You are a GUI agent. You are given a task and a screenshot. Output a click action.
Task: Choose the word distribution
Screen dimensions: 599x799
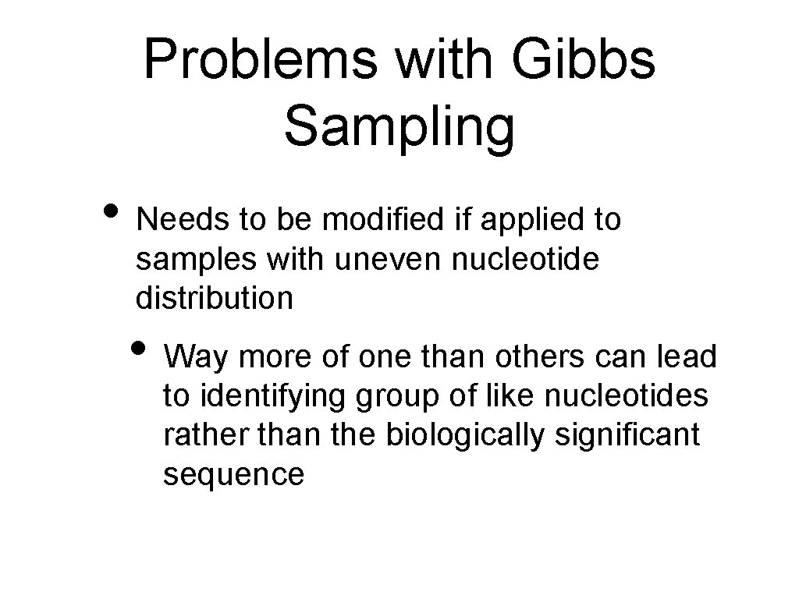[x=215, y=298]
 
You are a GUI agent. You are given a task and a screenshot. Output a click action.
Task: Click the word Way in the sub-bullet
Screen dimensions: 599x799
[x=195, y=357]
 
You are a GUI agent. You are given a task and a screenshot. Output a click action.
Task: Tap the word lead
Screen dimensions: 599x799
[x=687, y=356]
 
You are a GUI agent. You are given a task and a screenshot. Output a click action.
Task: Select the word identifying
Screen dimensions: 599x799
[x=274, y=397]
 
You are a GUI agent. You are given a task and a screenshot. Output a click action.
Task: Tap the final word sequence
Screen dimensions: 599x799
[x=233, y=474]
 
